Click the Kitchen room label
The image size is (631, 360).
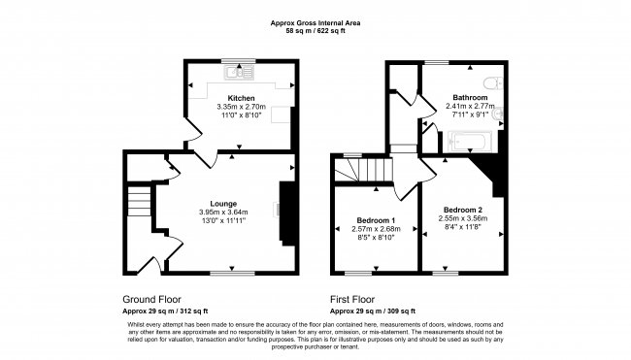point(241,98)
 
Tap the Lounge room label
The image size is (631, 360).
point(223,204)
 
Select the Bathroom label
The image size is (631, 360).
point(470,97)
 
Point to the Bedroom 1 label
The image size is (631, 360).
point(376,220)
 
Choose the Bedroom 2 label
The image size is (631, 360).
point(463,210)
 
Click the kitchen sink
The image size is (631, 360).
point(240,73)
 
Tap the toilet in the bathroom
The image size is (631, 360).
point(493,83)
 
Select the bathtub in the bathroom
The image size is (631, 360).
point(470,142)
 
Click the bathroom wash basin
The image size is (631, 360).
point(498,115)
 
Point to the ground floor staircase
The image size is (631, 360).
point(139,201)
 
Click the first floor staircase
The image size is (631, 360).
point(363,170)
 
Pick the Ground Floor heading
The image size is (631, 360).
point(151,299)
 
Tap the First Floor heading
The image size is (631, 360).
point(352,299)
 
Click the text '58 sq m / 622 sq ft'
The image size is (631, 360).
point(315,31)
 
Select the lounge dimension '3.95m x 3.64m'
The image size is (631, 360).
point(223,212)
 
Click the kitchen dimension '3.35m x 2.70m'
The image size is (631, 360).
point(241,107)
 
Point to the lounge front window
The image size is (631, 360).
point(232,273)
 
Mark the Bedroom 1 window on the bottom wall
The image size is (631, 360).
point(358,273)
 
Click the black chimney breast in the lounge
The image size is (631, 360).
point(287,213)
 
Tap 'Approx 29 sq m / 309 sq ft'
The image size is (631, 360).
point(373,311)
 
